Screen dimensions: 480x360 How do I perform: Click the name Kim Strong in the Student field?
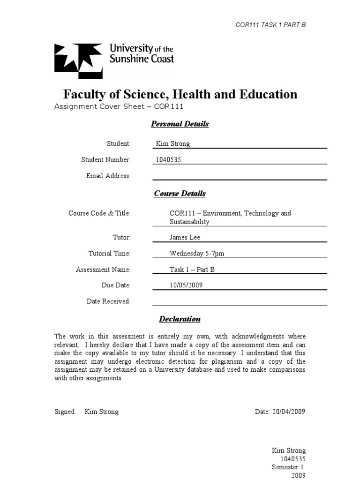tap(172, 144)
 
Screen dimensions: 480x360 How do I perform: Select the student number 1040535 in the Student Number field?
tap(168, 160)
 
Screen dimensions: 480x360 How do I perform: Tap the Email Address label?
tap(108, 176)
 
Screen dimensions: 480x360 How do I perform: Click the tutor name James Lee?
tap(185, 238)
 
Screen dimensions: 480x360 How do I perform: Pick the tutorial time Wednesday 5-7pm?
tap(197, 254)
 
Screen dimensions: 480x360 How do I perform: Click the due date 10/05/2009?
tap(186, 285)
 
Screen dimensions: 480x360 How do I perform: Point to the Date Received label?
tap(108, 301)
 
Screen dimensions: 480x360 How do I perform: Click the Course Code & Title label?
tap(99, 213)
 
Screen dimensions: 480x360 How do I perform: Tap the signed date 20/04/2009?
tap(288, 412)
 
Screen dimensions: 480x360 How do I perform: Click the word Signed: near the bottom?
tap(65, 412)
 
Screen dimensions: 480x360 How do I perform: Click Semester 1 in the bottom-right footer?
tap(288, 467)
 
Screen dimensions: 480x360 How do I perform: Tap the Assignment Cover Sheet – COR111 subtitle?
tap(118, 106)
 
